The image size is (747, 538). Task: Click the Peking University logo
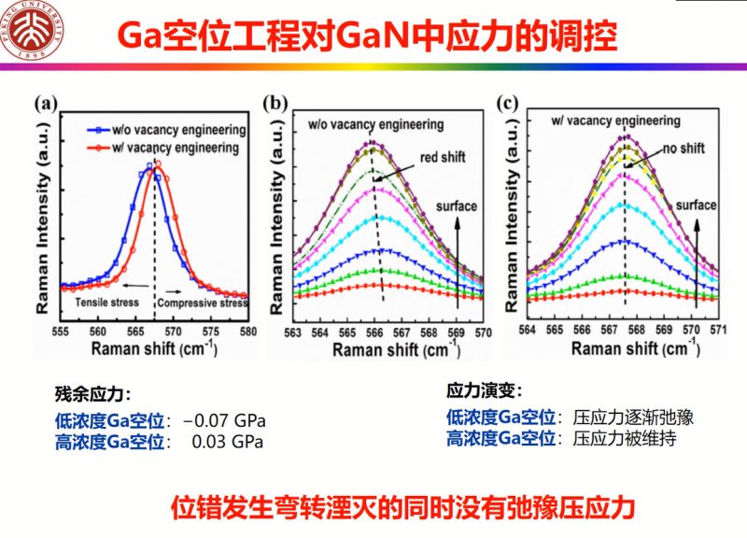(x=35, y=35)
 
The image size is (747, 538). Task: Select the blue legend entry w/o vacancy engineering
(x=167, y=131)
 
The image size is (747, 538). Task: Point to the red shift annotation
(x=442, y=157)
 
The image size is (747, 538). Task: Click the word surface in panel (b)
(x=458, y=206)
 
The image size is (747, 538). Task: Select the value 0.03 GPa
(x=228, y=441)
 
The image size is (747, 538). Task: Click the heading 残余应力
(x=94, y=393)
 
